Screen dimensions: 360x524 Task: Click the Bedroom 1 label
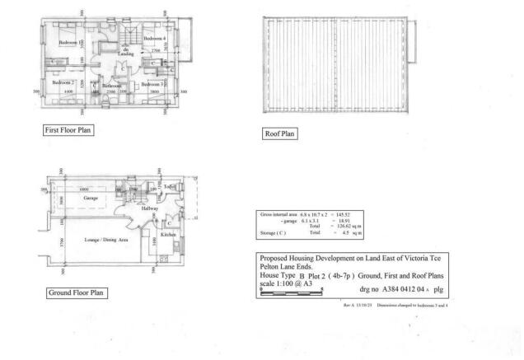click(x=68, y=42)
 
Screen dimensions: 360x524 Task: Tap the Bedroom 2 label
click(x=63, y=82)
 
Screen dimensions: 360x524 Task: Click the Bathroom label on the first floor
click(x=111, y=85)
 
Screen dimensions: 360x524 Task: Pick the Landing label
click(x=126, y=54)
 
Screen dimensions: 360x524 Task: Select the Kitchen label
click(x=169, y=235)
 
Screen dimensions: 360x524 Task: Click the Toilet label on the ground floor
click(x=170, y=187)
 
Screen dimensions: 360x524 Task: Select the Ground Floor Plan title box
click(x=75, y=292)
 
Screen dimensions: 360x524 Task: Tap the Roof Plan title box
click(x=278, y=133)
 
